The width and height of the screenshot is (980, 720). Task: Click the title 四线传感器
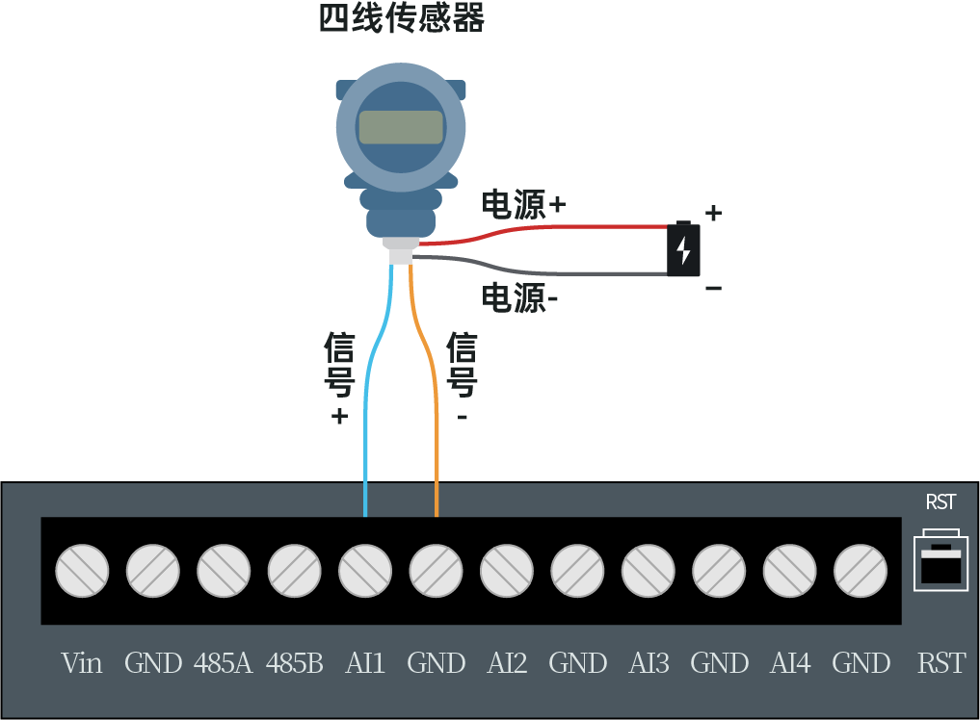[x=401, y=18]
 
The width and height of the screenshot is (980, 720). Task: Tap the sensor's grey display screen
[x=401, y=127]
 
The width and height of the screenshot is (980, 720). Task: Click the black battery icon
[x=683, y=250]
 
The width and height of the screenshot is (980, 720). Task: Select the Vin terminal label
[x=82, y=663]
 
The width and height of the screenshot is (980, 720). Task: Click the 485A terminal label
[x=223, y=663]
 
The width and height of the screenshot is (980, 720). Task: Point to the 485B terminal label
[x=294, y=663]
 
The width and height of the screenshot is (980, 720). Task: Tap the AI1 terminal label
[x=365, y=663]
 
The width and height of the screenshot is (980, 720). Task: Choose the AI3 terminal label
[x=649, y=663]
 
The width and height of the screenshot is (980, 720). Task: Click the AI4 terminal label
[x=790, y=663]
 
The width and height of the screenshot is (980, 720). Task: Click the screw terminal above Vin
[x=82, y=570]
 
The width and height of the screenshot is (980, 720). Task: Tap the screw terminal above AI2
[x=507, y=570]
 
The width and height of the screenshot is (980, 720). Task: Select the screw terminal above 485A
[x=224, y=570]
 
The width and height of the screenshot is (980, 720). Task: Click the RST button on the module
[x=940, y=560]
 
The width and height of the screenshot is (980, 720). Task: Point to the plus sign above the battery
[x=713, y=213]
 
